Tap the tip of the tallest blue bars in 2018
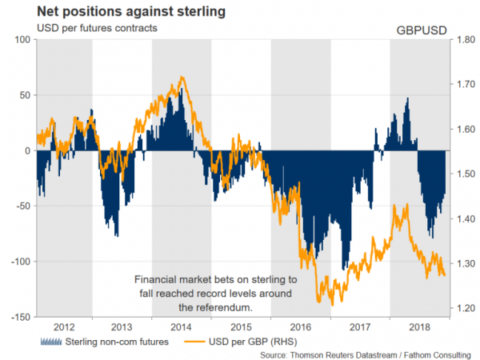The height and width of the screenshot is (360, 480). pyautogui.click(x=408, y=98)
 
